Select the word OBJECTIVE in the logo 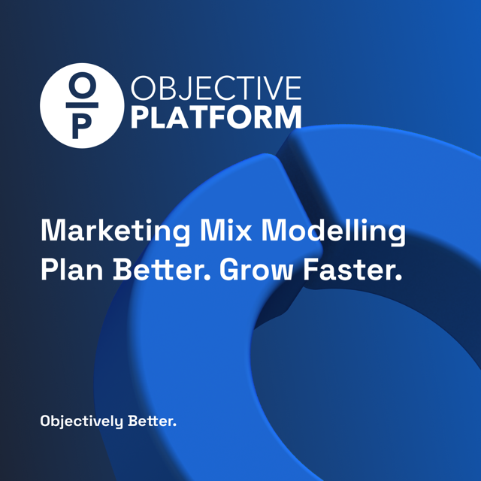(x=216, y=90)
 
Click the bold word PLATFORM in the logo (x=216, y=118)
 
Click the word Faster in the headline (x=353, y=271)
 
